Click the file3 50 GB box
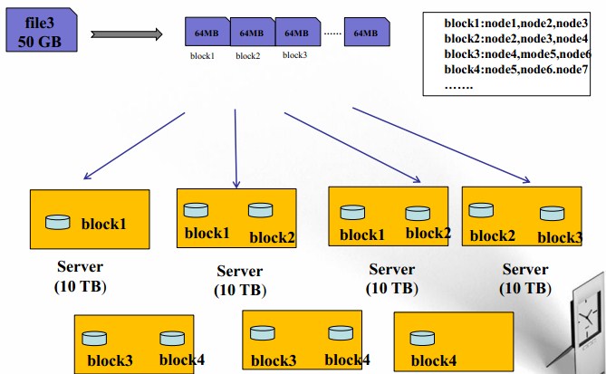point(42,30)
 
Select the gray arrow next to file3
point(127,34)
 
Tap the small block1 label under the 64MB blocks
point(202,56)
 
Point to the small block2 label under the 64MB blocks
point(247,56)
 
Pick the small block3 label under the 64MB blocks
point(294,55)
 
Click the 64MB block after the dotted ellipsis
point(367,32)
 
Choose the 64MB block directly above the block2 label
point(253,32)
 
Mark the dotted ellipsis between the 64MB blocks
point(332,34)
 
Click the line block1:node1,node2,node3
point(516,24)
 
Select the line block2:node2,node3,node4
point(516,39)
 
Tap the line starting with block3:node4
point(517,54)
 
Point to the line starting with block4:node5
point(516,70)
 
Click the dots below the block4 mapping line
point(458,88)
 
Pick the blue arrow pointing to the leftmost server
point(134,146)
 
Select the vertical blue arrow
point(236,149)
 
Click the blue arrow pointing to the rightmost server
point(441,145)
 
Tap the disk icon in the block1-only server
point(58,222)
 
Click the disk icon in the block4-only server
point(422,338)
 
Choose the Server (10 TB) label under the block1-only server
point(81,276)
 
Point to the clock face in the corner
point(587,319)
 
